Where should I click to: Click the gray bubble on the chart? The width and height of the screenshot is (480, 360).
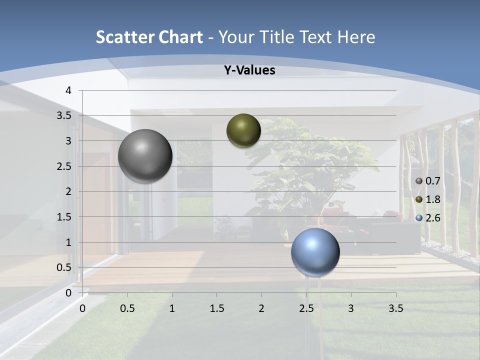[145, 156]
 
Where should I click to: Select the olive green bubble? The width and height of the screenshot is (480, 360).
[243, 130]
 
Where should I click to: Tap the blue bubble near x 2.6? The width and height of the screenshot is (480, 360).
[315, 252]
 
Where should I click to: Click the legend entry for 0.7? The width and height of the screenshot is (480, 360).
[428, 181]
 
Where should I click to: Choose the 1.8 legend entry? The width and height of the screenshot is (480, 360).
[428, 199]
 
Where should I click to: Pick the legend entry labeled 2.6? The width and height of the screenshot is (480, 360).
[428, 218]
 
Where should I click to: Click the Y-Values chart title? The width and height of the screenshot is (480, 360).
[249, 70]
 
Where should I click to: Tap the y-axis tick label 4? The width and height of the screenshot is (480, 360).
[68, 90]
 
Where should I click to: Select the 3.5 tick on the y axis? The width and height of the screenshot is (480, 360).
[65, 116]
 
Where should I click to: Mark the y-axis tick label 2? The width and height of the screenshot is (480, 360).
[68, 191]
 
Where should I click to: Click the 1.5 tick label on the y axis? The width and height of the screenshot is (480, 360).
[65, 217]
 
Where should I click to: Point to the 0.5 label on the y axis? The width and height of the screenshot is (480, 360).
[65, 267]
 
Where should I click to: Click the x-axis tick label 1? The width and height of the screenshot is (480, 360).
[172, 308]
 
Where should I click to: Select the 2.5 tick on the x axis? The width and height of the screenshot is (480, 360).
[306, 308]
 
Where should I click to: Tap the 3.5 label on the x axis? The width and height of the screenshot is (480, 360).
[395, 308]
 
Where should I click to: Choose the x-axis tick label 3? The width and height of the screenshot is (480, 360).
[351, 308]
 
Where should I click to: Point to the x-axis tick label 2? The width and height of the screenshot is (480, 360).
[261, 308]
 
